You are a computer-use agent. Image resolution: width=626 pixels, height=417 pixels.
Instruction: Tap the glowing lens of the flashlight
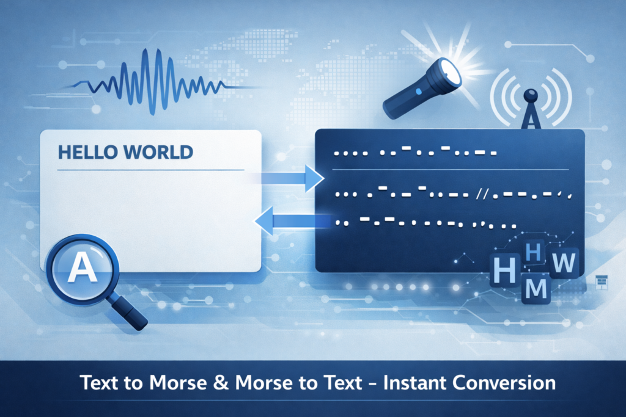point(451,76)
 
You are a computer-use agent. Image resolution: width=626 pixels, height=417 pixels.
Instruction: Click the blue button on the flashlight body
point(418,92)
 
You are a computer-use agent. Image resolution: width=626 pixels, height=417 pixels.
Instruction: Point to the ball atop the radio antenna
point(531,95)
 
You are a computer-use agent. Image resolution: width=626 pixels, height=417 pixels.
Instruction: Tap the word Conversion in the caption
point(511,383)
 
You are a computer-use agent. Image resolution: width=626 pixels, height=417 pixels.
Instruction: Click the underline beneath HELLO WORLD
point(150,170)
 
